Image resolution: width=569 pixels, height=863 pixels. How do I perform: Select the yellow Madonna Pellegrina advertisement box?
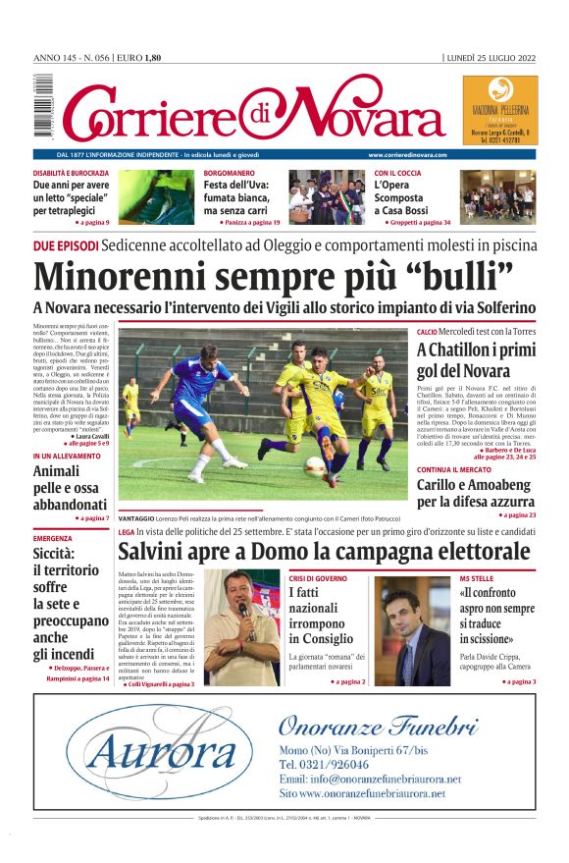coord(499,111)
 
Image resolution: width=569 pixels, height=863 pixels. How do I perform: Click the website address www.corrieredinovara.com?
coord(407,155)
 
